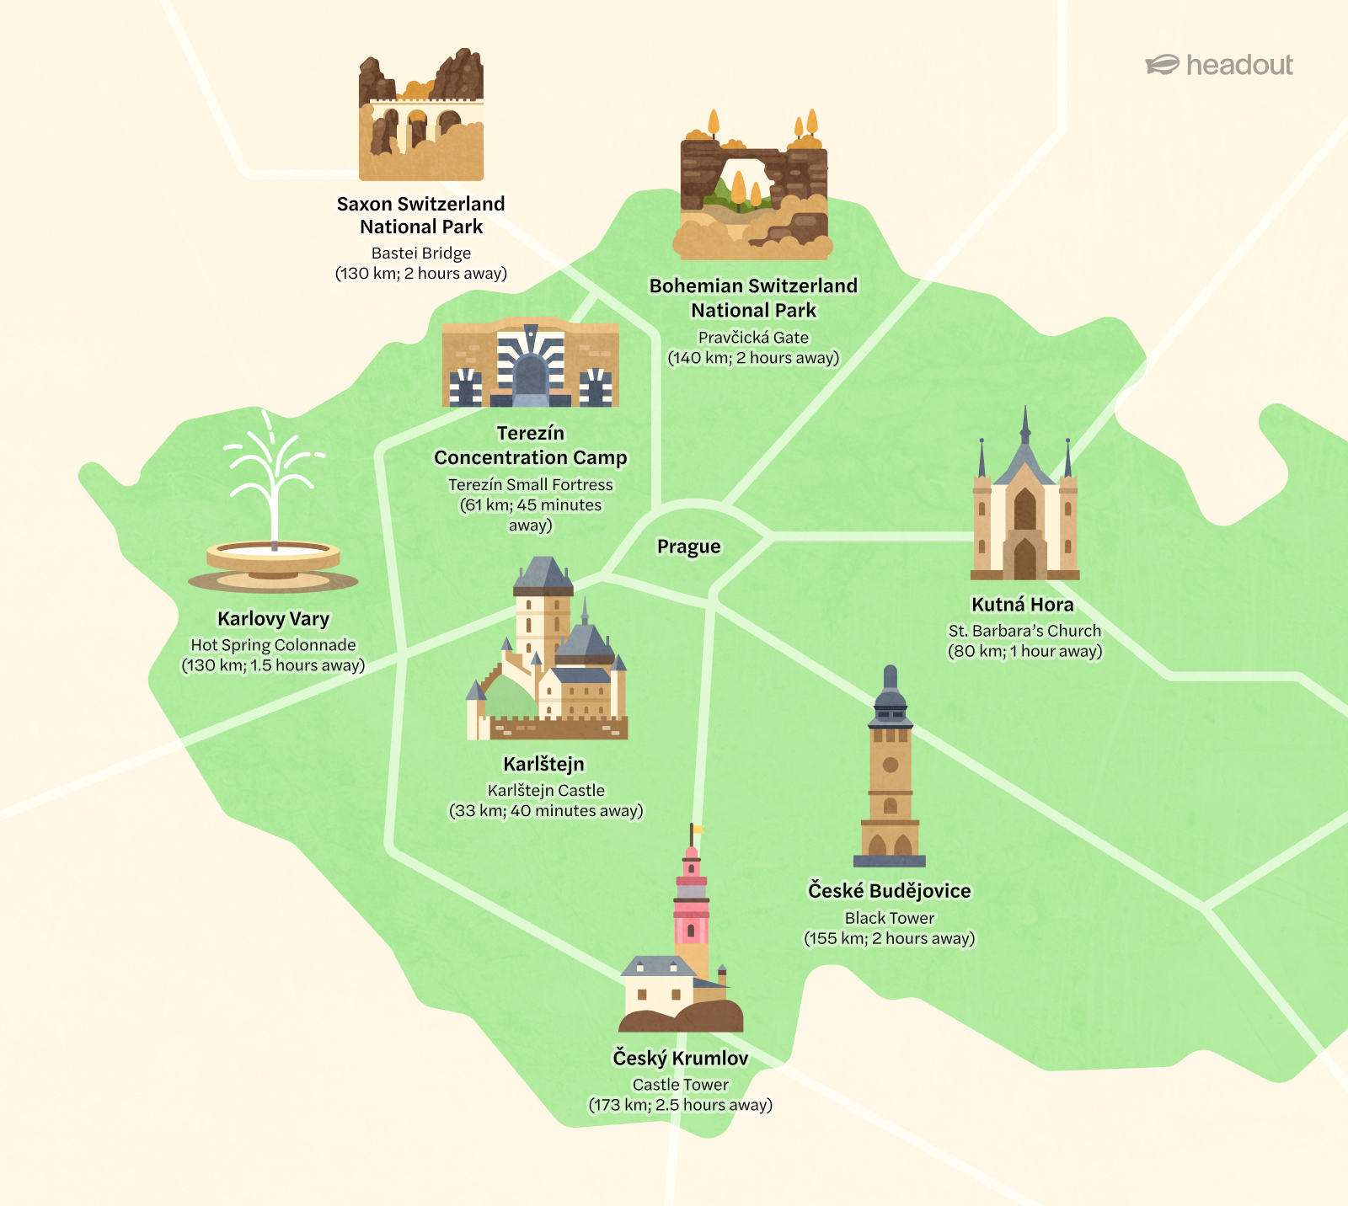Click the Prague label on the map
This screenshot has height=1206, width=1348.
coord(688,547)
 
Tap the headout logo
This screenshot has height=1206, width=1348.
coord(1219,65)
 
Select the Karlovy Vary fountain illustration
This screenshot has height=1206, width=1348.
coord(273,514)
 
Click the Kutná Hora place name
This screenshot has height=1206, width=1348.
coord(1022,605)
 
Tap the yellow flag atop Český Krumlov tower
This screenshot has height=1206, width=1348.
coord(698,830)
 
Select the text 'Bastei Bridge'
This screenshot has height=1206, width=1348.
coord(421,253)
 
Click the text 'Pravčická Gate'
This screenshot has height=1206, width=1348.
coord(753,337)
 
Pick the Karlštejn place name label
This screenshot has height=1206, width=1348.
coord(543,764)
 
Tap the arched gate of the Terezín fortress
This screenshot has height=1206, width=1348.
coord(531,375)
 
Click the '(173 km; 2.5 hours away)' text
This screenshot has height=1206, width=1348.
coord(680,1105)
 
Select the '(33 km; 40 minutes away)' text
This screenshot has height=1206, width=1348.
coord(546,810)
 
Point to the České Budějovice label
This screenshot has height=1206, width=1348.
coord(889,891)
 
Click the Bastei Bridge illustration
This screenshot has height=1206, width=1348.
coord(421,118)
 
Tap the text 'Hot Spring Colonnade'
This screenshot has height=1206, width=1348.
coord(273,644)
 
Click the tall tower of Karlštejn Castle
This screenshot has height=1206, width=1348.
coord(543,615)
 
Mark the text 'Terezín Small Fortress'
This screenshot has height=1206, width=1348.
coord(531,484)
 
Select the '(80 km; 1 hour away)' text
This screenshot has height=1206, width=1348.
coord(1024,651)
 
